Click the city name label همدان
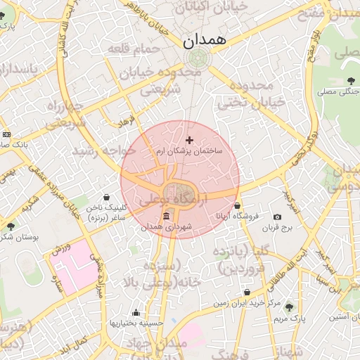pos(206,41)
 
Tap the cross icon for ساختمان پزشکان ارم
pos(189,140)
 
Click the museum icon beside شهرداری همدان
pos(166,216)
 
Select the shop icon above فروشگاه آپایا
pos(238,205)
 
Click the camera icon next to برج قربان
pos(277,217)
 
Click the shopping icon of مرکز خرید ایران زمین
pos(247,292)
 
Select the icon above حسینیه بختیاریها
pos(136,313)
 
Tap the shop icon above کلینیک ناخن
pos(106,198)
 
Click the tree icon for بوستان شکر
pos(11,226)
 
